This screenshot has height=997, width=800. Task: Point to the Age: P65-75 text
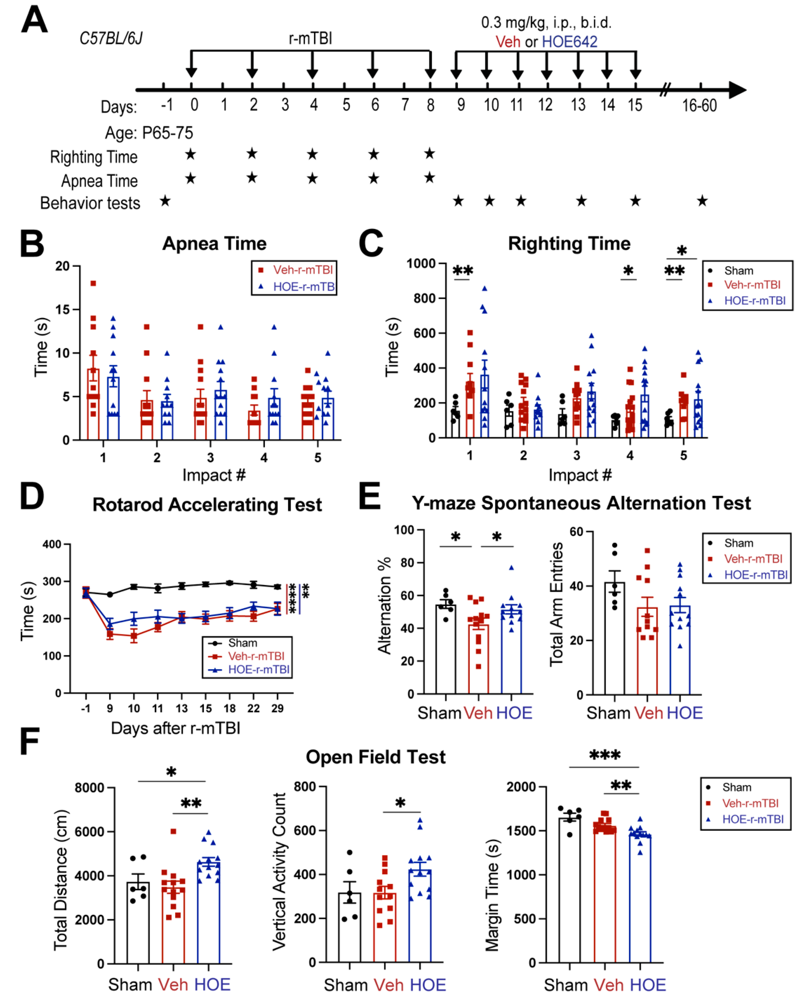click(x=149, y=133)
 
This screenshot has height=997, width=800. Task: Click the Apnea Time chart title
click(x=214, y=244)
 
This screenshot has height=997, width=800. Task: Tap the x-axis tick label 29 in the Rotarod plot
click(x=277, y=708)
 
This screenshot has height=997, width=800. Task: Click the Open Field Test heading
click(x=375, y=757)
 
